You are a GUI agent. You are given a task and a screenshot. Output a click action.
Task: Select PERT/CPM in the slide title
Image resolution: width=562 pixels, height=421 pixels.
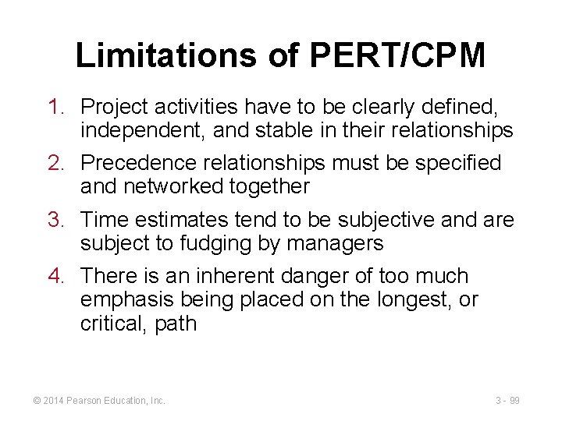(397, 56)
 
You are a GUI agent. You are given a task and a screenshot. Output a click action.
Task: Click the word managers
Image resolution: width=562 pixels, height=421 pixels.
(335, 244)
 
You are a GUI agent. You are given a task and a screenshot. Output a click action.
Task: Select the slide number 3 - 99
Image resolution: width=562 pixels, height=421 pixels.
(507, 400)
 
